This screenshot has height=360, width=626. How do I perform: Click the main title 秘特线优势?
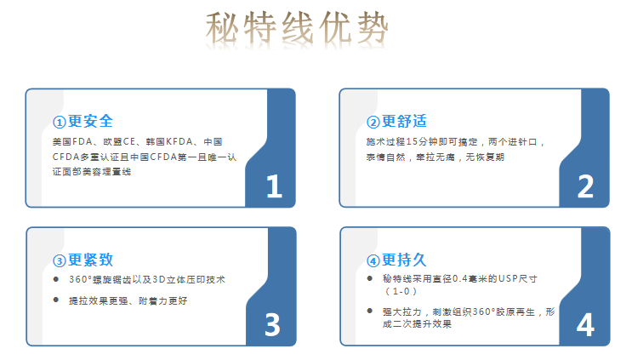[x=297, y=27]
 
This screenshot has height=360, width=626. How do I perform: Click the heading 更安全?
[x=91, y=121]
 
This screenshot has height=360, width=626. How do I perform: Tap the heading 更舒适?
[x=404, y=121]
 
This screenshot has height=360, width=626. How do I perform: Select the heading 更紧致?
[x=91, y=260]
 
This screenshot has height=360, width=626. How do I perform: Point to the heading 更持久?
[x=404, y=260]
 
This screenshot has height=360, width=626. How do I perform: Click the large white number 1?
[x=274, y=186]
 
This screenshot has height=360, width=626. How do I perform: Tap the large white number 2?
[x=585, y=186]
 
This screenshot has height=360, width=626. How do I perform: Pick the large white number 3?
[x=273, y=324]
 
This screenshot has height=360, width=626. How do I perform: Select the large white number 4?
[x=585, y=324]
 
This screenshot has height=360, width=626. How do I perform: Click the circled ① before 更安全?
[x=59, y=123]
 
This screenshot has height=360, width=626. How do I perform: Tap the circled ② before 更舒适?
[x=373, y=123]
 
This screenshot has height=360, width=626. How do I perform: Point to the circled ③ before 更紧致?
[x=59, y=261]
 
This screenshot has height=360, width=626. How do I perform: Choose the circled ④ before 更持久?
[x=373, y=261]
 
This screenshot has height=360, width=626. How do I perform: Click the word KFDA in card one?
[x=179, y=142]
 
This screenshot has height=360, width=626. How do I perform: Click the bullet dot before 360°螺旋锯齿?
[x=56, y=279]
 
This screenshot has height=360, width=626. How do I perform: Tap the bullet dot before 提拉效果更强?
[x=56, y=300]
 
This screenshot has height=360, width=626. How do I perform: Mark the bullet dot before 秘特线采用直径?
[x=370, y=278]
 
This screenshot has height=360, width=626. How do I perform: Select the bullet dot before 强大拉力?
[x=370, y=311]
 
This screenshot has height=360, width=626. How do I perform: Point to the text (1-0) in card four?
[x=401, y=291]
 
